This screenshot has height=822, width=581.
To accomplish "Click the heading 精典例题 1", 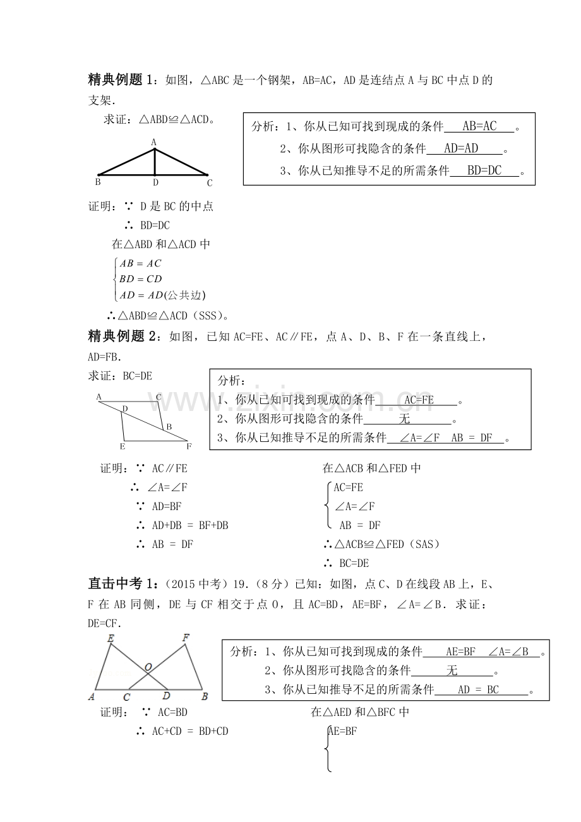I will click(121, 80).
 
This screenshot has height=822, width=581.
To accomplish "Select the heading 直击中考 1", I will click(121, 582).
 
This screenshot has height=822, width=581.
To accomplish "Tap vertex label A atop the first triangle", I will click(153, 143).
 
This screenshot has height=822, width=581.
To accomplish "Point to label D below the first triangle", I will click(155, 182).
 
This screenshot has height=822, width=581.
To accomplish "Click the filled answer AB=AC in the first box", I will click(479, 127).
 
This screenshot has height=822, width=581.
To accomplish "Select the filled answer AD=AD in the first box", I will click(462, 149).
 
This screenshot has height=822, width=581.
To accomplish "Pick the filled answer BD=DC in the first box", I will click(484, 170).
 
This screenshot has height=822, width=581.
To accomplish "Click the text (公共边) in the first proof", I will click(186, 295).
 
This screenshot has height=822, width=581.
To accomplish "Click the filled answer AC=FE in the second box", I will click(419, 400).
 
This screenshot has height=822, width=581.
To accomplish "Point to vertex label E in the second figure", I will click(122, 446).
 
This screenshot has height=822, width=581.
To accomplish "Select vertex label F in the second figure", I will click(189, 446).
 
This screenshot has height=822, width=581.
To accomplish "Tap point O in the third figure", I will click(147, 667).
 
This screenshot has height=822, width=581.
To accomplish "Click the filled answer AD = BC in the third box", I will click(478, 690).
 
